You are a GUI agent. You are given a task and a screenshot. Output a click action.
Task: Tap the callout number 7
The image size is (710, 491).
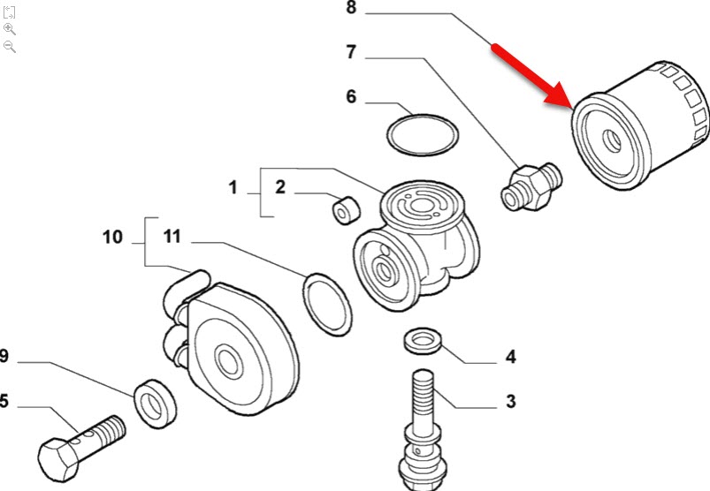350,53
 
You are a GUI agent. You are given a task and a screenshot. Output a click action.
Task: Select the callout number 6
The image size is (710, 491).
350,96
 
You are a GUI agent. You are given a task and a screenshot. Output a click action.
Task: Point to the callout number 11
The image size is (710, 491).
172,237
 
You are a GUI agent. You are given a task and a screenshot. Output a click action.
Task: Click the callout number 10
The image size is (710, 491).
112,237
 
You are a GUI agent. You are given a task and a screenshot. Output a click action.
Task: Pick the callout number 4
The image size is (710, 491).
510,358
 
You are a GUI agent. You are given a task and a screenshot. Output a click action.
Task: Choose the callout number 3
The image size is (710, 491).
510,402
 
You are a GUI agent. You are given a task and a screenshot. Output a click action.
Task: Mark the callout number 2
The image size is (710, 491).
279,187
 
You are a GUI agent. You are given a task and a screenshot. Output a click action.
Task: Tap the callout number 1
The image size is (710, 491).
233,187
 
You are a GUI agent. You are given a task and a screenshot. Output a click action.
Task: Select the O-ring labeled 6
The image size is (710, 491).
424,133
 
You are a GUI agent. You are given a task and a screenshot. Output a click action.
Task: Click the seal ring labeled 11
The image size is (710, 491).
327,304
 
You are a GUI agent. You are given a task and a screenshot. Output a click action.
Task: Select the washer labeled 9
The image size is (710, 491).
155,400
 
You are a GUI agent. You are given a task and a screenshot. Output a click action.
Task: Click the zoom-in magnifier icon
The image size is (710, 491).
10,28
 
